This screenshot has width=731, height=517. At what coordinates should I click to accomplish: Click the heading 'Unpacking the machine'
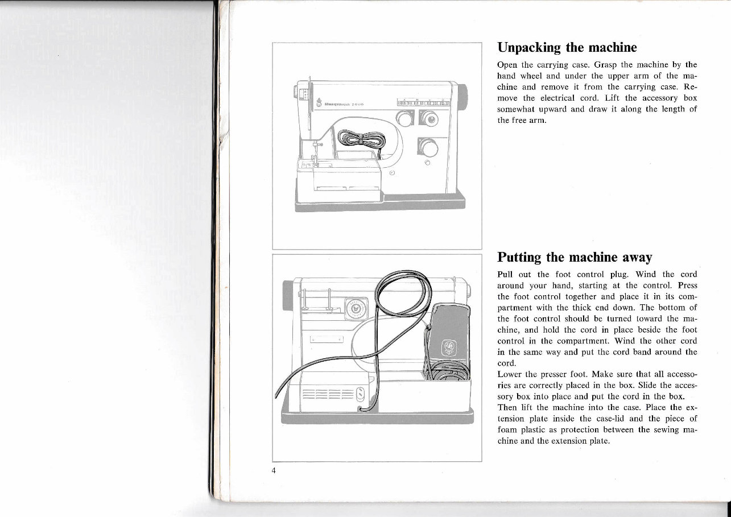[567, 47]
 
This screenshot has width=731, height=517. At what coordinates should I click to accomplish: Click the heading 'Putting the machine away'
[575, 257]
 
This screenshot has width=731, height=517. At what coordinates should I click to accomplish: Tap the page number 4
[274, 470]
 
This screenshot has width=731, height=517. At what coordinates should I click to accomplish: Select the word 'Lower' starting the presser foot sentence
[510, 374]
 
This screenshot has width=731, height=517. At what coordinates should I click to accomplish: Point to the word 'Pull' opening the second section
[506, 275]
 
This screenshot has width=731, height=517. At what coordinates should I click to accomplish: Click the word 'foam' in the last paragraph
[507, 429]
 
